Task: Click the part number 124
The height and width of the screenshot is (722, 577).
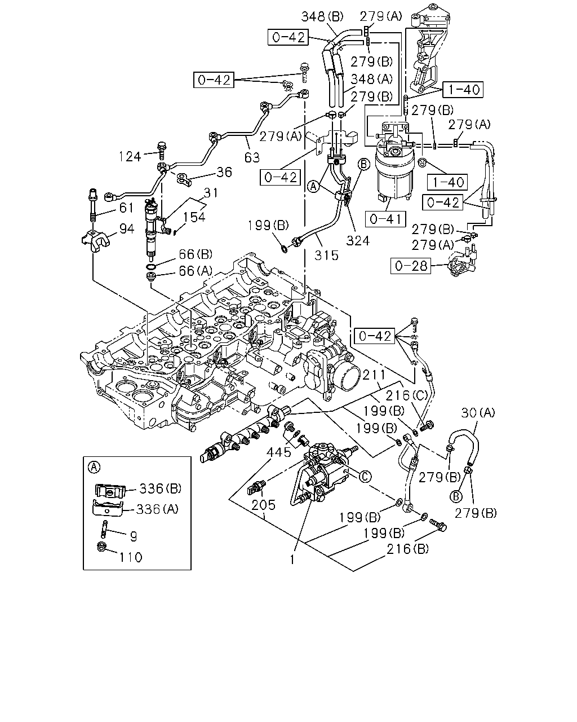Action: (130, 157)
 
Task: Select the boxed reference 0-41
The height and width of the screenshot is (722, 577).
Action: (385, 219)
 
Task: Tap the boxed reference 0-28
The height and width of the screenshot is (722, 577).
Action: (411, 266)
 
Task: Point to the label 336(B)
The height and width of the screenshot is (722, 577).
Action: (160, 488)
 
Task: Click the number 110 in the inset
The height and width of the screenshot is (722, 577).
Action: (131, 557)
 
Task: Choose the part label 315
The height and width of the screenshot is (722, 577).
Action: (326, 256)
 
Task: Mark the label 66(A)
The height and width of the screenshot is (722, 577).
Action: (196, 271)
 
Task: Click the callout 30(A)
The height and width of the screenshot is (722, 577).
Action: (478, 413)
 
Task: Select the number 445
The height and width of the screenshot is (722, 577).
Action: (278, 452)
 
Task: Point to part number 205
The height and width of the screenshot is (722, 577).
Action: (264, 505)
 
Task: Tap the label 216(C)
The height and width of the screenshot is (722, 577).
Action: (407, 396)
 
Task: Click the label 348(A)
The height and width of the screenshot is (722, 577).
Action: (371, 79)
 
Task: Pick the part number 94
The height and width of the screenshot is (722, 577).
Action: (127, 229)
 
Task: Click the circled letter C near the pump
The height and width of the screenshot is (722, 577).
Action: (365, 477)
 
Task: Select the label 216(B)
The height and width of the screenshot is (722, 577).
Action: (408, 549)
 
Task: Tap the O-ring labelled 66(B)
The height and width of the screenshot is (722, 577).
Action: (150, 267)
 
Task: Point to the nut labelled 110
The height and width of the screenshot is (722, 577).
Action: (101, 547)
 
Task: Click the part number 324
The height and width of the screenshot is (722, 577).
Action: (358, 240)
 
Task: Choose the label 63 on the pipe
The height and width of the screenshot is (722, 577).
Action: (252, 157)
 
